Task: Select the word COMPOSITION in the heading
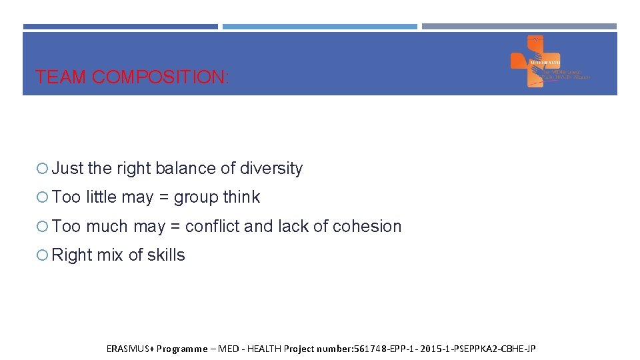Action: pyautogui.click(x=159, y=77)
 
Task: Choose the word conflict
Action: pyautogui.click(x=213, y=227)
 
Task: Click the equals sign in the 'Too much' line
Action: pyautogui.click(x=175, y=227)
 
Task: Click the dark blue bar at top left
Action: pyautogui.click(x=120, y=27)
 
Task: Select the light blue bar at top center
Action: pyautogui.click(x=319, y=27)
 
